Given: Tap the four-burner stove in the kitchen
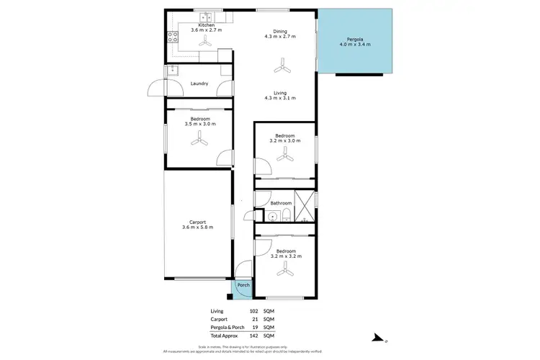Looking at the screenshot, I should pos(173,37).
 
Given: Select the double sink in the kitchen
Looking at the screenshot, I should pos(204,15).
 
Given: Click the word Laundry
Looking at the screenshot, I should pos(199,84).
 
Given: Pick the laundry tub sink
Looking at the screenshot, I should pos(173,70).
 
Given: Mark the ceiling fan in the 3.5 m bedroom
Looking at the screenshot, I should pos(199,142).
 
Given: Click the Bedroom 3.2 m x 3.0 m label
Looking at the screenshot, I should pos(284,139).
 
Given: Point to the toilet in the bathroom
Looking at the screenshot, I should pos(287,216).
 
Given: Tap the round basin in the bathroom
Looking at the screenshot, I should pos(273,216).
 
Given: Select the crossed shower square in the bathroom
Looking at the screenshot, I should pos(305,207).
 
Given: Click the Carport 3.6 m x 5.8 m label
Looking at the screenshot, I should pos(198,225).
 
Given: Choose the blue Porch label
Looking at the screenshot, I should pos(243,286).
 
